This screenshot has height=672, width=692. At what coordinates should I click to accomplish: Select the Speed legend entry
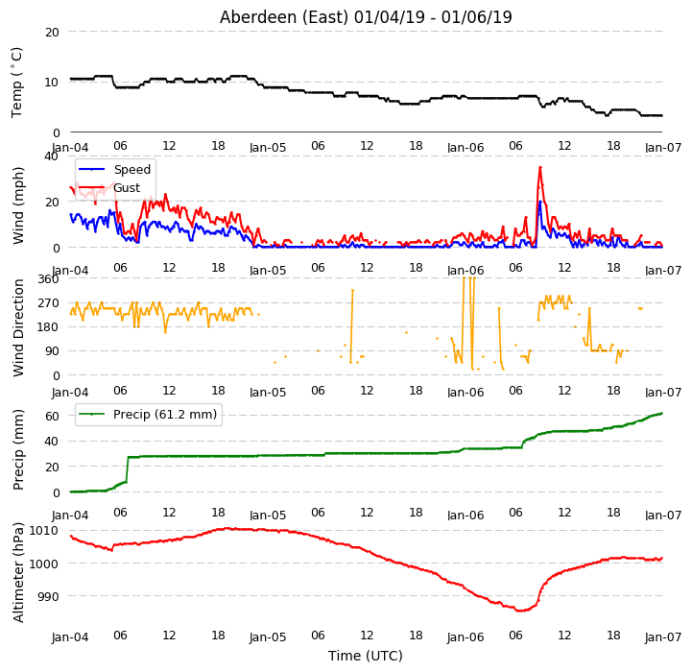[114, 170]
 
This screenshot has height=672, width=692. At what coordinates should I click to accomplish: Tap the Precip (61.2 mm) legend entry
[148, 414]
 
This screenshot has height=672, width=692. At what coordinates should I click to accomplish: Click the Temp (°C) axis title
[16, 83]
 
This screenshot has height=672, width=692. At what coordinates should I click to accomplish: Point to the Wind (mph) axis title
[18, 205]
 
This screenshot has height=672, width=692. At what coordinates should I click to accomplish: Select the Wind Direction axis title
[18, 328]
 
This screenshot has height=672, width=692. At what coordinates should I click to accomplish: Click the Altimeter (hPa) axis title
[18, 573]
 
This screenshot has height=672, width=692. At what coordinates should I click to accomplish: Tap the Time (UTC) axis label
[366, 656]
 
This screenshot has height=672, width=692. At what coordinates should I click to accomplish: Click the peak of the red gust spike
[540, 167]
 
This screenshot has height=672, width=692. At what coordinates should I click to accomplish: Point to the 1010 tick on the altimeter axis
[44, 530]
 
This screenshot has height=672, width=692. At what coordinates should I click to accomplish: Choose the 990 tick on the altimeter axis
[48, 596]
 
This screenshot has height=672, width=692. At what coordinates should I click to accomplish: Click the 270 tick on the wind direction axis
[48, 303]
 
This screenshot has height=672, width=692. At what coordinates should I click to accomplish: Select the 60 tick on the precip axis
[52, 416]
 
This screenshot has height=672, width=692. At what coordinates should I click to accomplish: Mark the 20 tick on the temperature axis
[52, 33]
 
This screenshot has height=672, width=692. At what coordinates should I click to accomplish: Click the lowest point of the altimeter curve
[521, 611]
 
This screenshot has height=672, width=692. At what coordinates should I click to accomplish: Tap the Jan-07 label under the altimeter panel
[663, 637]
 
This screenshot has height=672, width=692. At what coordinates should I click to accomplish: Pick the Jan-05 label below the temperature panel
[268, 148]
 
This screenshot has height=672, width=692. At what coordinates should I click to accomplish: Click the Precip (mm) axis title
[18, 450]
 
